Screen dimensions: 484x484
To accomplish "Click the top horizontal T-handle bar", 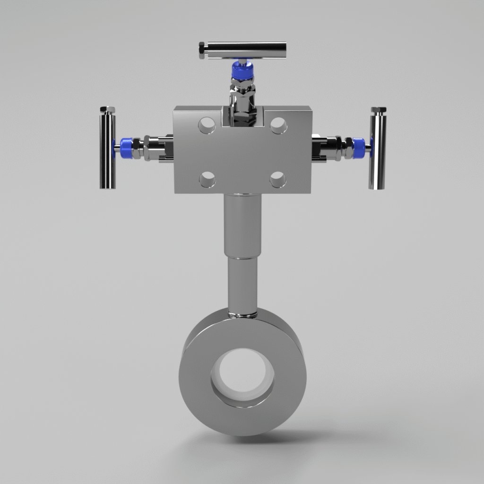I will click(246, 50).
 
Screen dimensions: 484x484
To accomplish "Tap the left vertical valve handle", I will click(107, 151).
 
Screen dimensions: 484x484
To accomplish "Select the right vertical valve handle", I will click(377, 151).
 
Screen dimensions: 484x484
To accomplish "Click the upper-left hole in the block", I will click(207, 125).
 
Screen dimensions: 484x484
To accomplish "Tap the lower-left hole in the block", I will click(207, 180).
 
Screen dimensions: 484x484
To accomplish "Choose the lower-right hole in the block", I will click(278, 180).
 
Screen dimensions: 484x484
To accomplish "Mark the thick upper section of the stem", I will click(242, 225).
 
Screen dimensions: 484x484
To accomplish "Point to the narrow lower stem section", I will click(242, 284).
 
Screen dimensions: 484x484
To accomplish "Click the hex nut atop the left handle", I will click(107, 110).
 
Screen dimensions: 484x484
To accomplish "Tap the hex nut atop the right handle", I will click(378, 111).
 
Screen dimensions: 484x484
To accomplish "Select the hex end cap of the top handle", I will click(202, 50).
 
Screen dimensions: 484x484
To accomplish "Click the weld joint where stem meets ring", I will click(242, 313).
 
